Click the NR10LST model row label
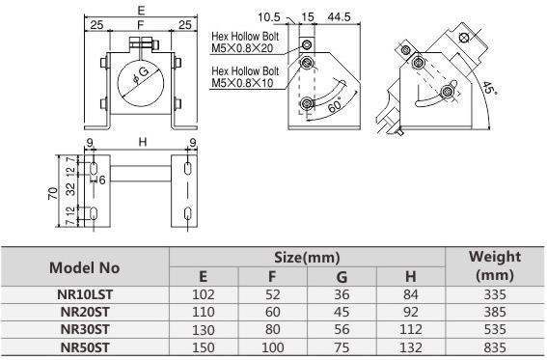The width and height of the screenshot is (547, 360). pos(85,294)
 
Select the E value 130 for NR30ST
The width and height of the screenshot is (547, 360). pos(204,330)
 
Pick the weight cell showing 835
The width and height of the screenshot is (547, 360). pos(495,347)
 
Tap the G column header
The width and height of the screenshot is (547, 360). pos(342,277)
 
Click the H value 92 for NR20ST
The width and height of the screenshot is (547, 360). pos(411,312)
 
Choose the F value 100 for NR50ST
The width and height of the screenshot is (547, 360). pos(272,347)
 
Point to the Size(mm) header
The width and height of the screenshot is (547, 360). pos(307,258)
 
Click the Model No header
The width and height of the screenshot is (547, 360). pos(85,268)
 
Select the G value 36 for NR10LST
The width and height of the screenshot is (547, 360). pos(342,294)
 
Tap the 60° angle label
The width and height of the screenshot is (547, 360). pos(336,105)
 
